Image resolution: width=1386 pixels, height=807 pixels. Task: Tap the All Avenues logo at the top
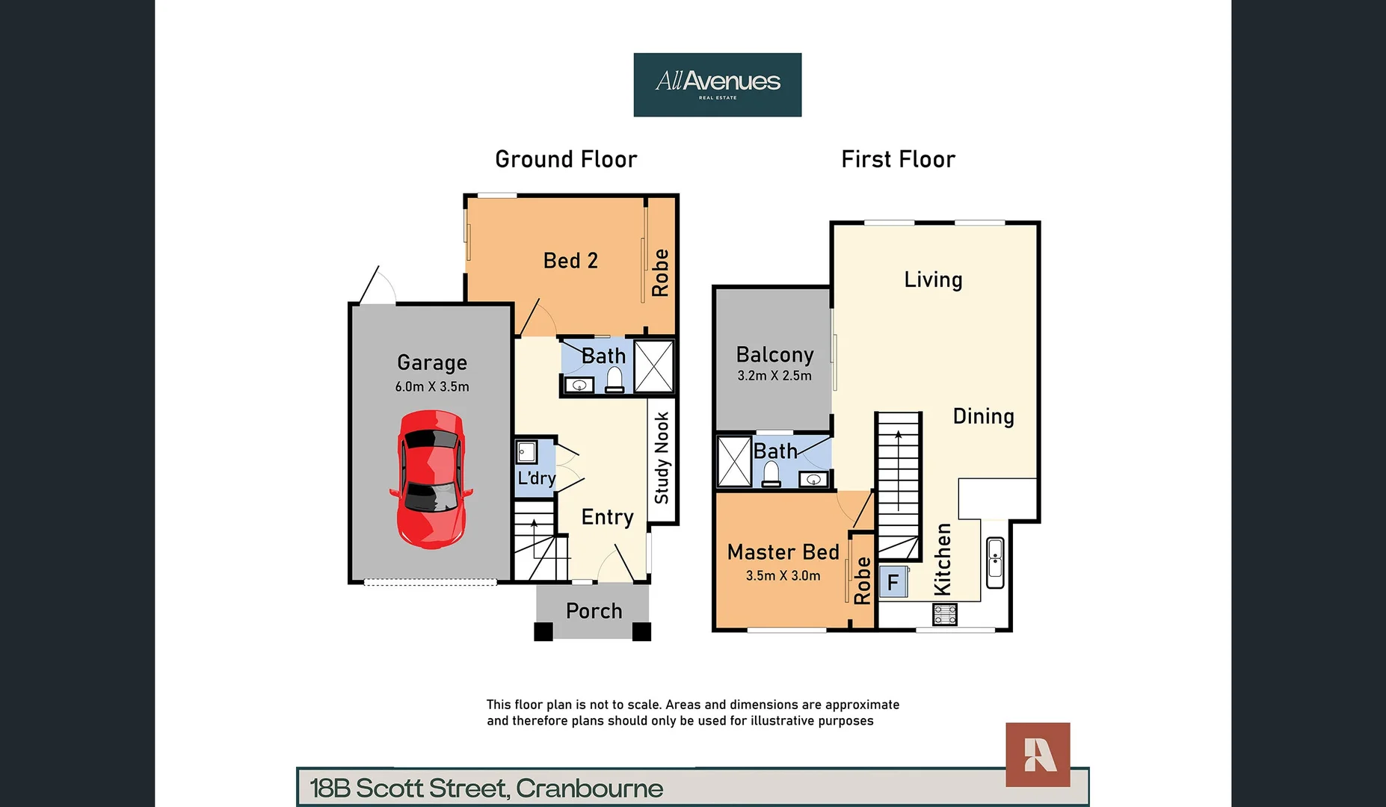point(717,84)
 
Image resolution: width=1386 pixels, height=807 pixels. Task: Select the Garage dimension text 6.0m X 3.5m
point(432,387)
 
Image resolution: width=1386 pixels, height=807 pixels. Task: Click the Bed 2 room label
point(570,261)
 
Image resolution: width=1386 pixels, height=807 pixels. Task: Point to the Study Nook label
point(662,458)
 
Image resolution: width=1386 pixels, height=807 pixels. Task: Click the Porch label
point(594,611)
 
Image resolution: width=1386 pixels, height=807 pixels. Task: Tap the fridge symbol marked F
point(893,582)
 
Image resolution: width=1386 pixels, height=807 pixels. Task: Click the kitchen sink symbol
point(995,562)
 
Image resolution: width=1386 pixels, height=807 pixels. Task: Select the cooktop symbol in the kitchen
point(945,614)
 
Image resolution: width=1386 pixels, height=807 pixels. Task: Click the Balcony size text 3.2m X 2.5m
point(774,376)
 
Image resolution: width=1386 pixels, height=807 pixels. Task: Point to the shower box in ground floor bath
point(654,366)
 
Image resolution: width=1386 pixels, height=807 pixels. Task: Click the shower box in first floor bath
point(733,462)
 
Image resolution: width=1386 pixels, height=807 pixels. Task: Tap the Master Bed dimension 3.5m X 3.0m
point(783,576)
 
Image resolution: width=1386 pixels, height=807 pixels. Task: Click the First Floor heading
point(898,159)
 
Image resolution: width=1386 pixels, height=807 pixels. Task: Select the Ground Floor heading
point(566,159)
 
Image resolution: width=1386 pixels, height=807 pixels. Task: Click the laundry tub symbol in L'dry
point(526,452)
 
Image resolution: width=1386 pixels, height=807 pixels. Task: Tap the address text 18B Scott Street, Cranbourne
point(486,788)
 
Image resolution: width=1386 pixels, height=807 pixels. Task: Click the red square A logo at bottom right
point(1038,755)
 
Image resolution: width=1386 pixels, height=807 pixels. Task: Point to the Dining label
point(983,416)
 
